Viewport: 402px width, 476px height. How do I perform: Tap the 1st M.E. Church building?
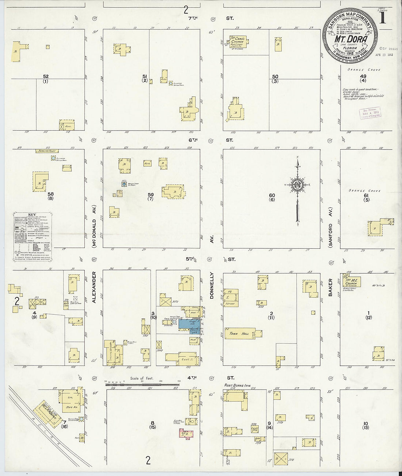(352, 282)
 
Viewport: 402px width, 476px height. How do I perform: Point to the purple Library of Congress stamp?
(370, 112)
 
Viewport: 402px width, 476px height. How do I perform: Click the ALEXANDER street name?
(94, 287)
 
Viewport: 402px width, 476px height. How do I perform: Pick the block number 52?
(46, 76)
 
